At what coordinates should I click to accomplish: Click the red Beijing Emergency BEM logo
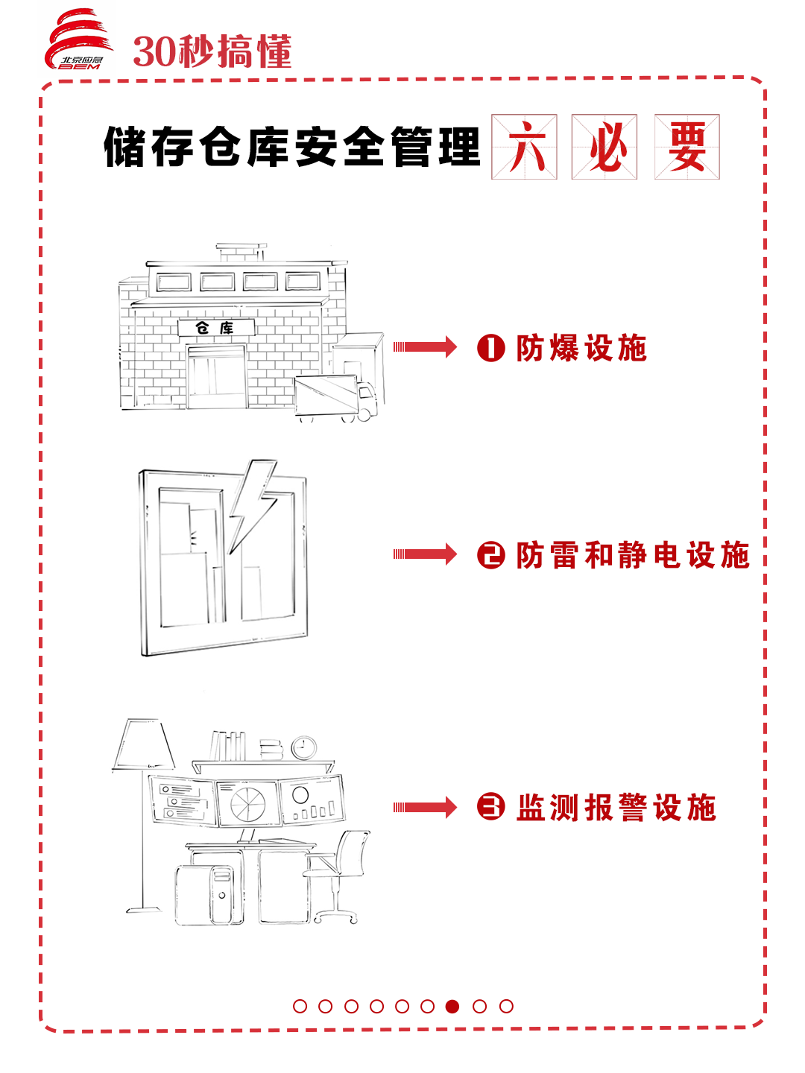pyautogui.click(x=78, y=41)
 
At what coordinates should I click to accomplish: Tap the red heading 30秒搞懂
pyautogui.click(x=212, y=52)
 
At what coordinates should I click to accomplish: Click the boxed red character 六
pyautogui.click(x=524, y=147)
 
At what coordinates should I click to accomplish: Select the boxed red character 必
pyautogui.click(x=604, y=147)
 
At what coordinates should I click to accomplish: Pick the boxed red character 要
pyautogui.click(x=686, y=147)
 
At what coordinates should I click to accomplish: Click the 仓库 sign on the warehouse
pyautogui.click(x=215, y=328)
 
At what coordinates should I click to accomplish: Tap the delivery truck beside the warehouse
pyautogui.click(x=335, y=397)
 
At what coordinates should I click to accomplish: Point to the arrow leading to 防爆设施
pyautogui.click(x=425, y=346)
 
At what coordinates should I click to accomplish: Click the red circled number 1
pyautogui.click(x=490, y=348)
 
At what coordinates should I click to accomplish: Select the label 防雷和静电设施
pyautogui.click(x=632, y=556)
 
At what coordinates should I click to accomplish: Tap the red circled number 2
pyautogui.click(x=490, y=556)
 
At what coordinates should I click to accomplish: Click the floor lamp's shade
pyautogui.click(x=144, y=744)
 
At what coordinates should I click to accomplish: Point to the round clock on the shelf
pyautogui.click(x=303, y=747)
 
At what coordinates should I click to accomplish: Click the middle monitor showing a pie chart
pyautogui.click(x=247, y=803)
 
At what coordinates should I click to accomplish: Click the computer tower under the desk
pyautogui.click(x=221, y=894)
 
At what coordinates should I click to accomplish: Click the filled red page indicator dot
pyautogui.click(x=452, y=1006)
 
